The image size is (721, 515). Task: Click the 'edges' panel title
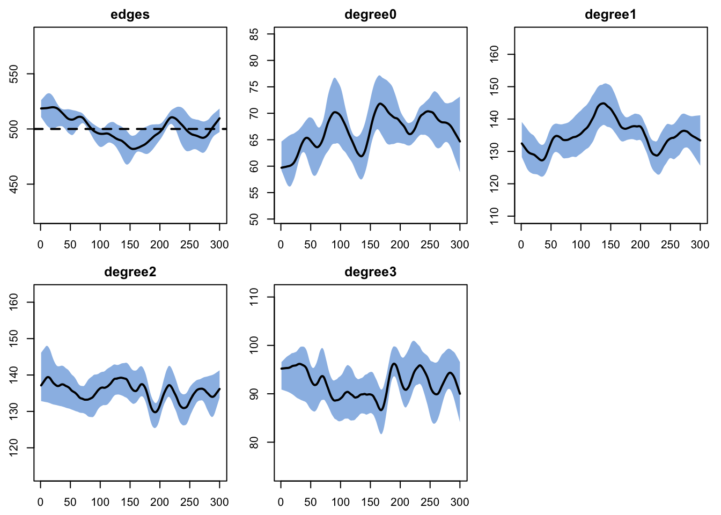click(x=130, y=15)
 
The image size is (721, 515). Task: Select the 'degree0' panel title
click(x=370, y=14)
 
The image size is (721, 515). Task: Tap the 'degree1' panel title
click(x=610, y=14)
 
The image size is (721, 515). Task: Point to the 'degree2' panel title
click(x=130, y=273)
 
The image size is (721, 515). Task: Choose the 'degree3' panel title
click(x=370, y=273)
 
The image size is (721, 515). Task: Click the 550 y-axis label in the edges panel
click(x=14, y=74)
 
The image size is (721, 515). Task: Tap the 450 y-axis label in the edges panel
click(x=14, y=184)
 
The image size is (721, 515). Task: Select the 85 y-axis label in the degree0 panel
click(x=254, y=34)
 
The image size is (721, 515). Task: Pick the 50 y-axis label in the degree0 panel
click(x=254, y=219)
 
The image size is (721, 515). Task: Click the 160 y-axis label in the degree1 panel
click(x=494, y=54)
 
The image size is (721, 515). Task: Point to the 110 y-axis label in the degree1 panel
click(x=494, y=216)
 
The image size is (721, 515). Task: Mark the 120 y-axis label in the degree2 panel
click(x=14, y=448)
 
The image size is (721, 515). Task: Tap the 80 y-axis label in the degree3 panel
click(x=254, y=442)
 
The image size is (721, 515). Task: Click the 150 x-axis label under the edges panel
click(x=130, y=245)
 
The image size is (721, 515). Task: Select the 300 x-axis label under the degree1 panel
click(x=700, y=245)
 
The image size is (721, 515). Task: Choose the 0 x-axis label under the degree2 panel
click(x=41, y=503)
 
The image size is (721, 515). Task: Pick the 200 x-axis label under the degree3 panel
click(x=400, y=503)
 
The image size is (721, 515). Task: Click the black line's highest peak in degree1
click(x=603, y=104)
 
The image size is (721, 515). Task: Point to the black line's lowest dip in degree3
click(x=381, y=410)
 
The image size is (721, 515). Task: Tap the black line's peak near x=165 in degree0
click(x=380, y=104)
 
